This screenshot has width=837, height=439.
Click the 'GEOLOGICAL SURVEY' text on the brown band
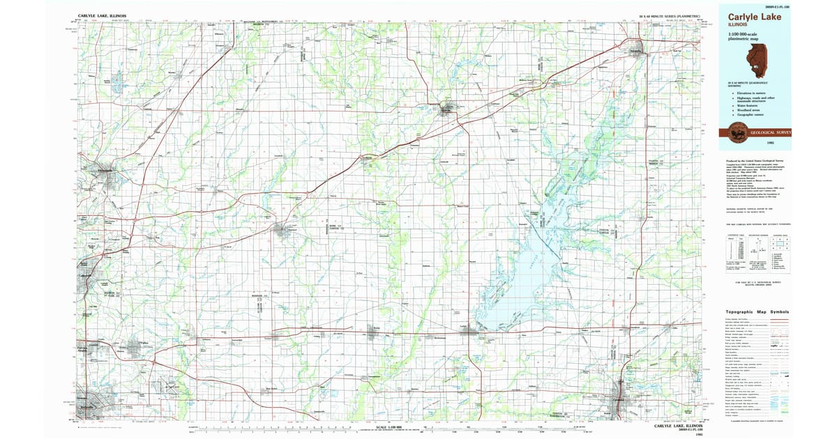[771, 132]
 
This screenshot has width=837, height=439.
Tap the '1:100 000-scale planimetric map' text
[744, 38]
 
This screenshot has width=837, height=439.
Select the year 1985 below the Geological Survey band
[770, 143]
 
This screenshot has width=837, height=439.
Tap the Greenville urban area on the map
[447, 109]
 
